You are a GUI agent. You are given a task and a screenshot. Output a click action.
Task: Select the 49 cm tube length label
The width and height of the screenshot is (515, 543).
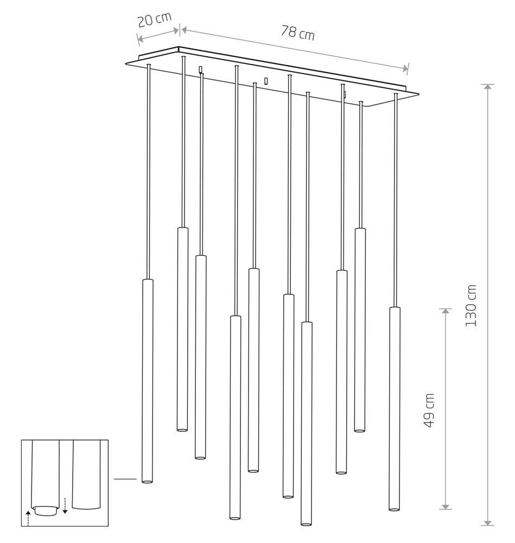coord(429,411)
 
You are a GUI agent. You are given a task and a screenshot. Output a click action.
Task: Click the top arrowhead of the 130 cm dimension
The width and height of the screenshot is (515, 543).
coord(488,87)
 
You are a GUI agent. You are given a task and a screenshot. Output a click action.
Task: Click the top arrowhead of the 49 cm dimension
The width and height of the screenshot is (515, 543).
coord(446,312)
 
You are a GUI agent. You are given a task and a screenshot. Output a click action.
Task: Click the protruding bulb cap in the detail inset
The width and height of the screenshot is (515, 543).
coord(46,510)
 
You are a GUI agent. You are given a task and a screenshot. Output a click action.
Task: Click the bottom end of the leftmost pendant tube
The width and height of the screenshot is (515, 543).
coord(147,481)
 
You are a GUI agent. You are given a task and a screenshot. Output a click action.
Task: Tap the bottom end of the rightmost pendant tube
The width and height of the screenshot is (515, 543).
coord(394,509)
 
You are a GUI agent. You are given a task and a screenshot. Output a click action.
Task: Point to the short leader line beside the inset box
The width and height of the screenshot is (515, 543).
coord(125,479)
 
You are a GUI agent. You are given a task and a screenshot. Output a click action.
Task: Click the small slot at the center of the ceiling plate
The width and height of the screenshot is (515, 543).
coord(266,81)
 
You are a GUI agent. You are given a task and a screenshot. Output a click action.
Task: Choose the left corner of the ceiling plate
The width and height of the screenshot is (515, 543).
coord(126,62)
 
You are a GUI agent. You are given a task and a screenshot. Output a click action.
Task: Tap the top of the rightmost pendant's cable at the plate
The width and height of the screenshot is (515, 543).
coord(396,95)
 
